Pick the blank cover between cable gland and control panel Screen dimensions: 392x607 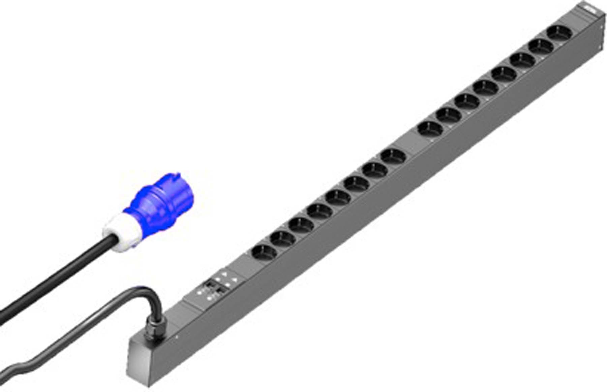coord(187,307)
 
